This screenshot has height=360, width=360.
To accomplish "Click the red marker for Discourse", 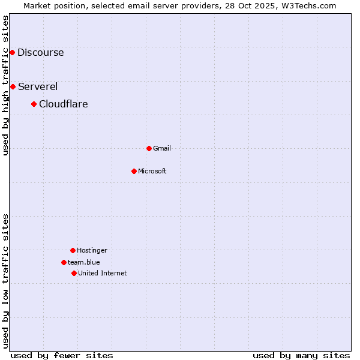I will click(x=12, y=52).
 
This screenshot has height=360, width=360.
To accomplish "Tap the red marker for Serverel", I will click(x=13, y=86).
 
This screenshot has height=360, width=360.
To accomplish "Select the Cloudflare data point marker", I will click(x=34, y=104).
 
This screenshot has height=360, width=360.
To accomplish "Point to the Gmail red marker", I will click(x=149, y=148).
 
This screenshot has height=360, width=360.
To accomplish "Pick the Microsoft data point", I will click(x=134, y=171).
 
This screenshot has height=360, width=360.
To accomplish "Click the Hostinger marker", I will click(x=73, y=250).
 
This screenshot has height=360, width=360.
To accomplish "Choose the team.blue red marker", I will click(x=64, y=262).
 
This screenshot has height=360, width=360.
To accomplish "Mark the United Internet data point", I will click(x=74, y=273).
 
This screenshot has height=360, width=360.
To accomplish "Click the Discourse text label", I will click(x=40, y=52).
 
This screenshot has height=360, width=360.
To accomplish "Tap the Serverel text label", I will click(x=38, y=86).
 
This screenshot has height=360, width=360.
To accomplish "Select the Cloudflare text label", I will click(x=64, y=104).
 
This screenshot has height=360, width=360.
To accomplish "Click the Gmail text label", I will click(x=162, y=148).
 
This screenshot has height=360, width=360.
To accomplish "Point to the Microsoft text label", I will click(x=152, y=171).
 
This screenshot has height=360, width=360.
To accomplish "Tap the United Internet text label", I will click(x=103, y=273).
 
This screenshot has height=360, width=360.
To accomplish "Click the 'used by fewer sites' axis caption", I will click(x=62, y=355).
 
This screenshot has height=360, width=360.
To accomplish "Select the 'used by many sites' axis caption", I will click(x=301, y=355).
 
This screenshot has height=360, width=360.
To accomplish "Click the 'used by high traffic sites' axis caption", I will click(x=5, y=85).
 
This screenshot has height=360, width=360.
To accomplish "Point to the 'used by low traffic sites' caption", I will click(x=5, y=281).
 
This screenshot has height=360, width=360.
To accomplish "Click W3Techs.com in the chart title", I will click(x=309, y=5).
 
